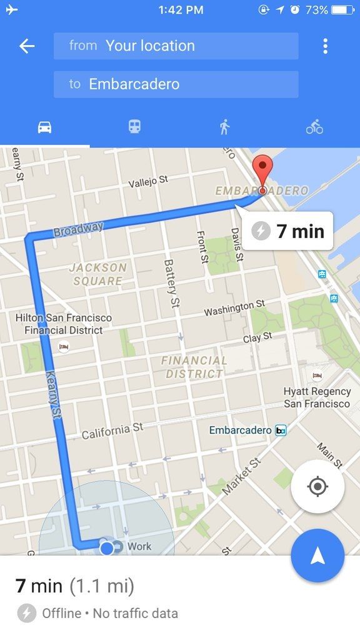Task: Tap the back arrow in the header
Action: (x=27, y=46)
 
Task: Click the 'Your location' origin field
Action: (x=176, y=46)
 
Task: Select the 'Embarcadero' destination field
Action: (x=176, y=84)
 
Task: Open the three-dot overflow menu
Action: (x=325, y=46)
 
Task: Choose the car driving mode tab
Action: (x=44, y=127)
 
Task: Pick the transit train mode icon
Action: (x=134, y=127)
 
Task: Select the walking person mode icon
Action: (x=224, y=127)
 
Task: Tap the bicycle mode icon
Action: (x=314, y=127)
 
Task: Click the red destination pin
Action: (x=262, y=172)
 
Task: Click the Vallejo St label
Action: (x=148, y=181)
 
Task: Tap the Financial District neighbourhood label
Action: (x=194, y=367)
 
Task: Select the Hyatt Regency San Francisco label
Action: (x=317, y=397)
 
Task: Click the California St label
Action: (x=112, y=431)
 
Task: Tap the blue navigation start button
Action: (x=317, y=556)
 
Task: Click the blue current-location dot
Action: (x=107, y=548)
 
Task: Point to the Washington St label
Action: (x=234, y=308)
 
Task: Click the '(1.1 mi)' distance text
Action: (x=101, y=586)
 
